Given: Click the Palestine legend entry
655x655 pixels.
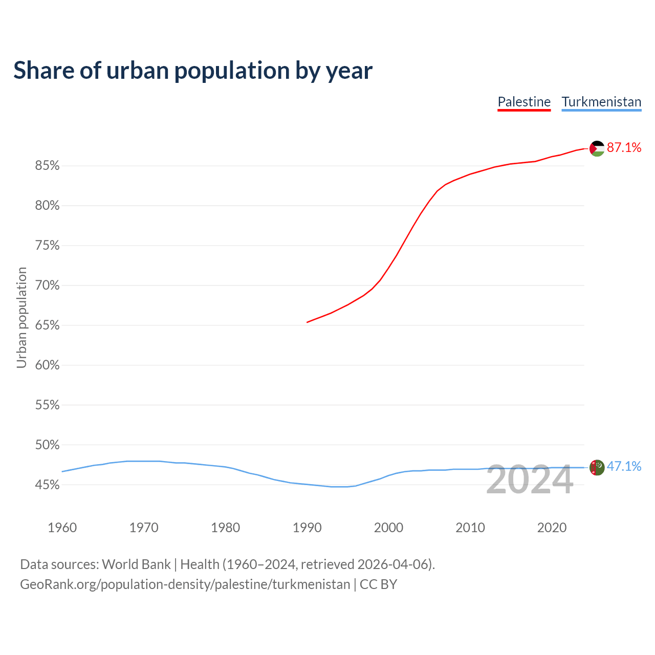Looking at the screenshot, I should [x=524, y=102].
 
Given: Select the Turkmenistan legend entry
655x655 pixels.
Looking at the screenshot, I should [x=601, y=102].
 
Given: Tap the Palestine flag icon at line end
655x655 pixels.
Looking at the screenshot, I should [x=597, y=148].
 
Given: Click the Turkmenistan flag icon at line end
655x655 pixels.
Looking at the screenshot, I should [x=597, y=467].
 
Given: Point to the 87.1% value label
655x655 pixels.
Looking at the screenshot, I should [x=624, y=147].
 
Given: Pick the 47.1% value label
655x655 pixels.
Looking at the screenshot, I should [x=624, y=466].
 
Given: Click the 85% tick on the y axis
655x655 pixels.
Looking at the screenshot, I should [x=47, y=166].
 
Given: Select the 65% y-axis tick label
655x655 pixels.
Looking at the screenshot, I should [x=47, y=325].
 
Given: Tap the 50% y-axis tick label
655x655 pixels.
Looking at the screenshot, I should [x=47, y=445].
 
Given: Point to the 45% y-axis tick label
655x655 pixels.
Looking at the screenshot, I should [x=47, y=485].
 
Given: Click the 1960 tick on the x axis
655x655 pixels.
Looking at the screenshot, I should [x=62, y=528].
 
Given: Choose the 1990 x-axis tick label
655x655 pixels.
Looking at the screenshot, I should [x=307, y=528].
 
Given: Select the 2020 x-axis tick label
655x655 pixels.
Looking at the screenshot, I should [x=552, y=528].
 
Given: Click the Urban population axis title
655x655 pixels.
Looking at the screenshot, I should [x=21, y=317].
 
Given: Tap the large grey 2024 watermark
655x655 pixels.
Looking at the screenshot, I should [x=530, y=480].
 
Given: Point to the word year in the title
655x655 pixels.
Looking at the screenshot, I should [x=350, y=71].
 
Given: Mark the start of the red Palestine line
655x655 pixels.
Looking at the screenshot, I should [x=307, y=322].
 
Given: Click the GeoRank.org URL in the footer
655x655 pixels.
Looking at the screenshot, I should [x=185, y=584].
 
